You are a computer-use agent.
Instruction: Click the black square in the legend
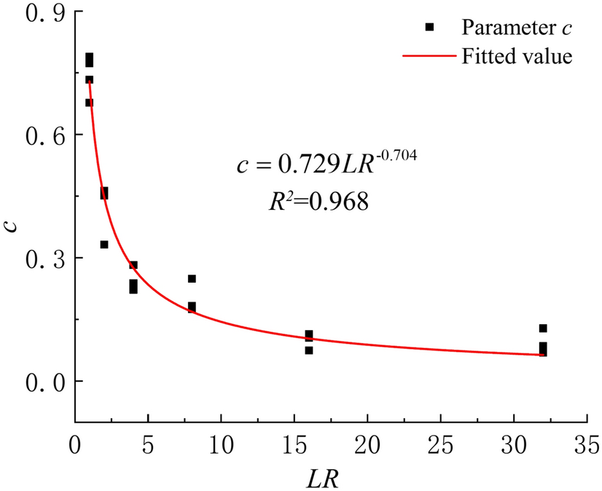(x=430, y=27)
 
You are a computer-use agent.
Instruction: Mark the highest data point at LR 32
(x=543, y=329)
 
